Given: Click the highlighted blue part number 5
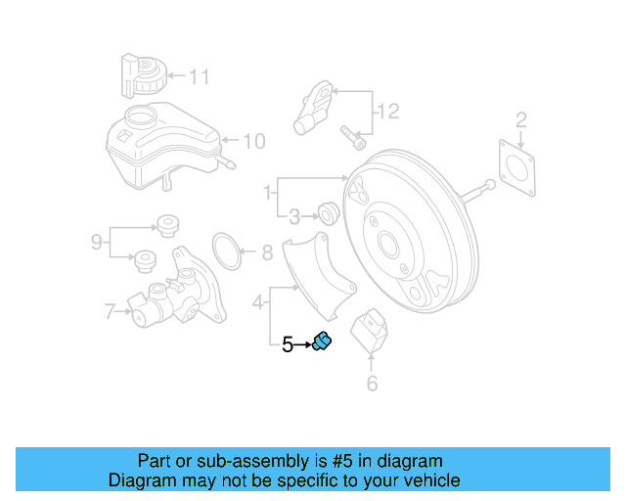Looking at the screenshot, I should click(x=322, y=342).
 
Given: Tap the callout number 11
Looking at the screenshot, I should click(x=200, y=75).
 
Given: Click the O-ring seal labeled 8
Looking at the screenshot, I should click(x=228, y=251).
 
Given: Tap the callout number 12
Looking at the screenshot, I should click(x=388, y=112).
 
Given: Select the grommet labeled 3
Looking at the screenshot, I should click(x=329, y=212).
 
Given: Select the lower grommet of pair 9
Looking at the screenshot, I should click(x=146, y=260).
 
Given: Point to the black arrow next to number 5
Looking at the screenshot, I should click(x=303, y=343).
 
